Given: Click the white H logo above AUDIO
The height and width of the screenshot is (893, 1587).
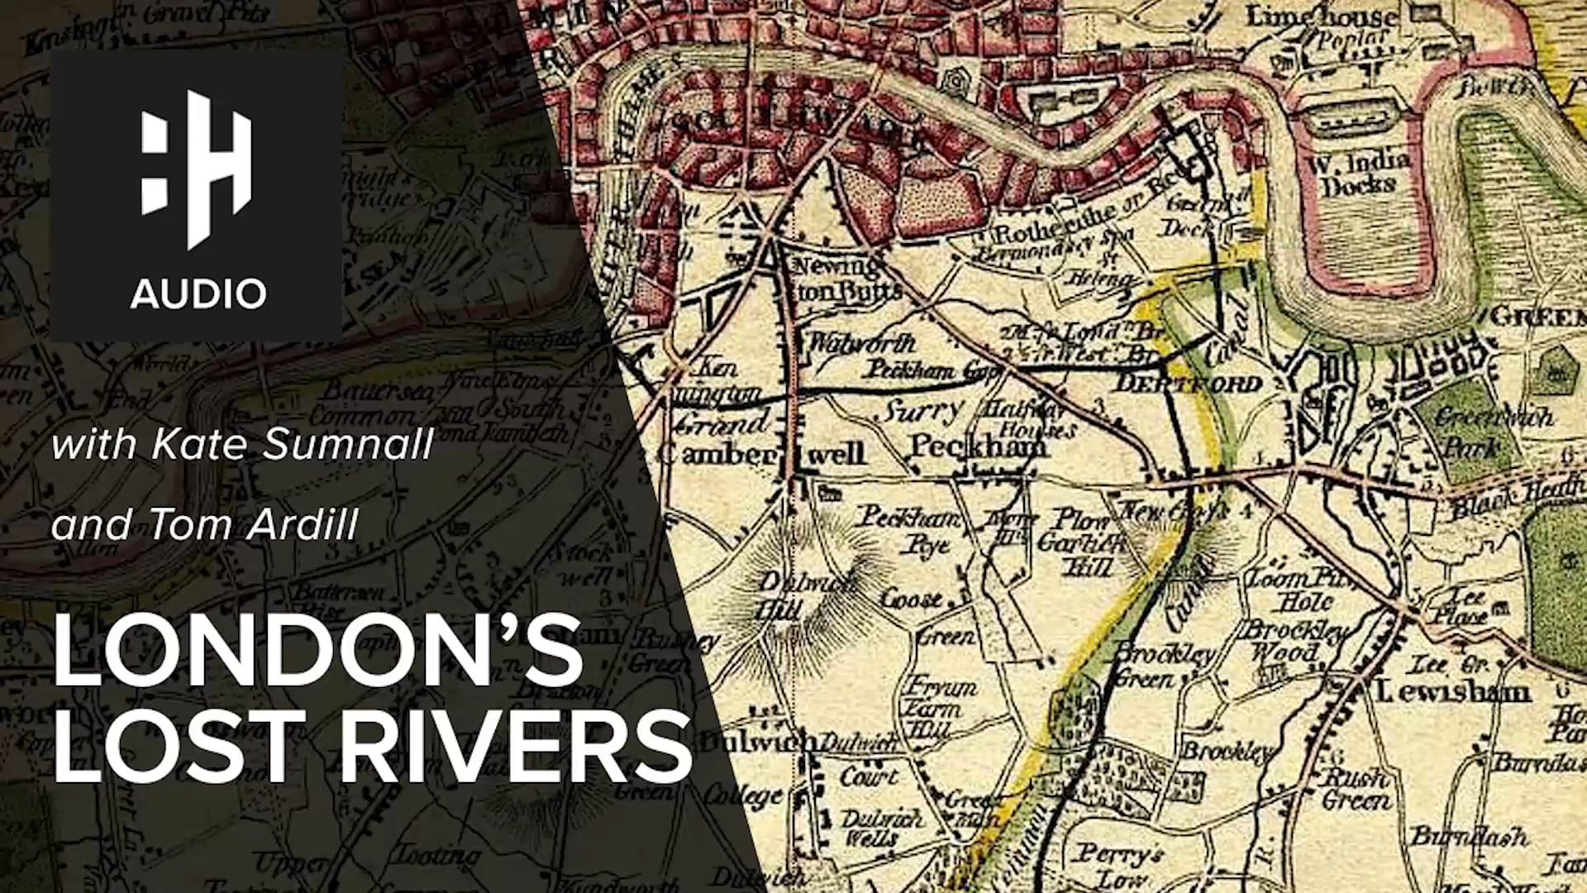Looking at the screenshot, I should [197, 169].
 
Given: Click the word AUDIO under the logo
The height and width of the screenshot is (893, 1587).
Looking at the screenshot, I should [198, 294].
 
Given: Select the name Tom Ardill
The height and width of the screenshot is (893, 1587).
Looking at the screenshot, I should [254, 524].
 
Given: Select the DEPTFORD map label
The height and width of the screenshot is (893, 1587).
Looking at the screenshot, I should [1189, 384].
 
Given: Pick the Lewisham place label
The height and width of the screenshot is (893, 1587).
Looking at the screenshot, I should [1452, 690].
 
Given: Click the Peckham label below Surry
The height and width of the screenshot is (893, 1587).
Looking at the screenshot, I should [977, 447].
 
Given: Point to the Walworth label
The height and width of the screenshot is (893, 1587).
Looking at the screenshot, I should [861, 342].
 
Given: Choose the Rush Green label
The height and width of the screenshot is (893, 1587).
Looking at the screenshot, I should [1356, 790].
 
